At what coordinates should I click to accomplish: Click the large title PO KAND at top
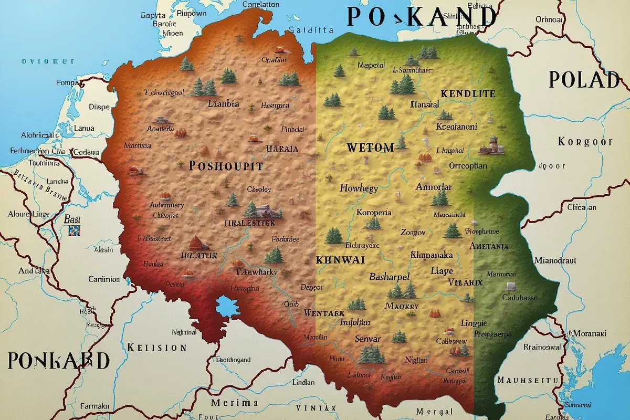click(x=422, y=17)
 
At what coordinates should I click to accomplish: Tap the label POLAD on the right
click(x=584, y=80)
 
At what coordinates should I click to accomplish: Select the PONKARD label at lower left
click(x=59, y=361)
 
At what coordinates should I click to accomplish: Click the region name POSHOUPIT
click(x=225, y=166)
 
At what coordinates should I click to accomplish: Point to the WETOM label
click(x=370, y=148)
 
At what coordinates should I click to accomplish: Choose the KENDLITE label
click(x=468, y=94)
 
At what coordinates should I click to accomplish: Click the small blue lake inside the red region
click(x=227, y=306)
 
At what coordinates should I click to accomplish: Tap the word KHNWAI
click(x=340, y=260)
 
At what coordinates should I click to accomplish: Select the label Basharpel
click(x=389, y=277)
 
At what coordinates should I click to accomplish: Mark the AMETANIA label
click(x=489, y=246)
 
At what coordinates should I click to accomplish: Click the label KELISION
click(x=156, y=348)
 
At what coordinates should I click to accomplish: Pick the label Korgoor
click(x=585, y=142)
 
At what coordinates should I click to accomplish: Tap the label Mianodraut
click(x=555, y=260)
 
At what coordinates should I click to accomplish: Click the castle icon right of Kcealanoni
click(x=492, y=146)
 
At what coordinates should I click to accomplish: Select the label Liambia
click(x=223, y=103)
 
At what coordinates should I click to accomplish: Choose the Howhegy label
click(x=359, y=188)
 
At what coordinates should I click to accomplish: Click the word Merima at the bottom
click(x=234, y=403)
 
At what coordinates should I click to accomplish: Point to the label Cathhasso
click(x=520, y=298)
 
